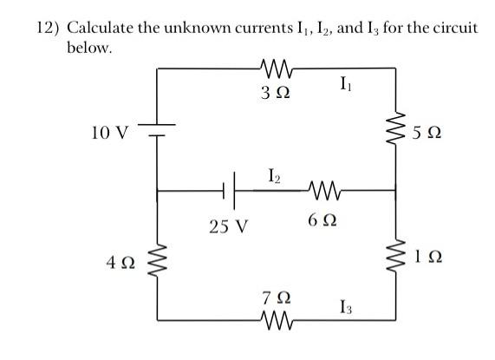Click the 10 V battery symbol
[157, 130]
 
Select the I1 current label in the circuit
[348, 85]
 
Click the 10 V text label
[109, 134]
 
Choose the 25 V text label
[229, 227]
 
